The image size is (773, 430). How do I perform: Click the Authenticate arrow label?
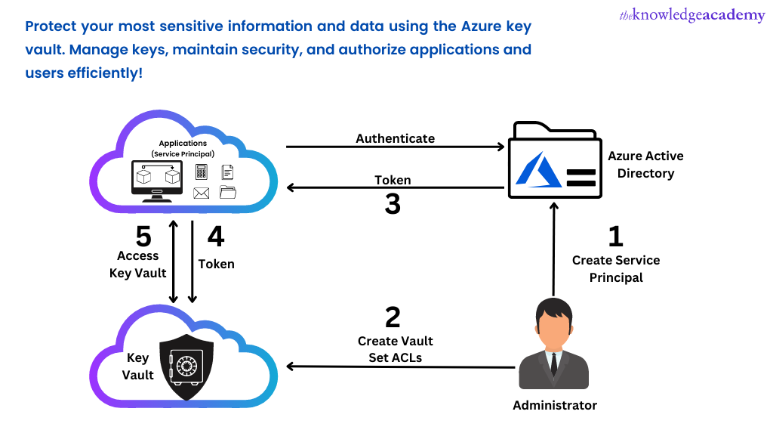pos(395,138)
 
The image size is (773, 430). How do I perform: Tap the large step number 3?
pos(393,204)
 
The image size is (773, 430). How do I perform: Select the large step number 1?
pos(616,237)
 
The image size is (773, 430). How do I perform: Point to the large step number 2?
pos(393,317)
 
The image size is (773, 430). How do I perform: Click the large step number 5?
pos(143,237)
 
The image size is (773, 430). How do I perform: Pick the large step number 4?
pos(216,237)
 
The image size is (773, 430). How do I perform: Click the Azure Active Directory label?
pos(645,164)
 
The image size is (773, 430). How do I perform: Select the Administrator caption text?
pos(554,405)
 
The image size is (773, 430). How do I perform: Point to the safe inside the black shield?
pos(185,367)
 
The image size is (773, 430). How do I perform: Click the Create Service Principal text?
pos(616,269)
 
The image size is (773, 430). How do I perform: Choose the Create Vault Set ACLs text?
pos(395,349)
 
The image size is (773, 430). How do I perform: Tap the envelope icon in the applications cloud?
pos(201,193)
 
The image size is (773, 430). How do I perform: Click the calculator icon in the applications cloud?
pos(202,172)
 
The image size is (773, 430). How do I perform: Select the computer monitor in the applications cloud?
pos(157,179)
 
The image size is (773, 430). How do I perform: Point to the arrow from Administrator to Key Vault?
pos(400,367)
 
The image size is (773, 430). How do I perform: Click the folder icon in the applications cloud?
pos(228,192)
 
